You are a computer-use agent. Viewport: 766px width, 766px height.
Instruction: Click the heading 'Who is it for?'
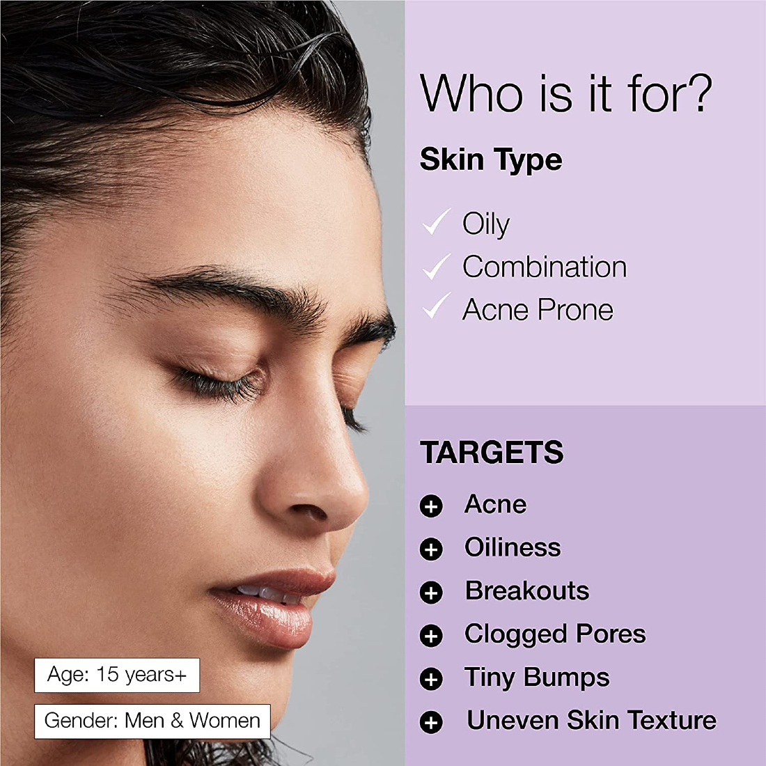565,93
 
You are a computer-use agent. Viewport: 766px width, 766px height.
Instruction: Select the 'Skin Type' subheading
491,160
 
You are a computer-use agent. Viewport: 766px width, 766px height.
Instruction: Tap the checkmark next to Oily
436,221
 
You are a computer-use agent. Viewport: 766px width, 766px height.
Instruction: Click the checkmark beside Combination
436,267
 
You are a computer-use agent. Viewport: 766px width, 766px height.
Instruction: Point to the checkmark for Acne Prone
436,306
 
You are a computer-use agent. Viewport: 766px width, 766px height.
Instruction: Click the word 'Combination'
545,267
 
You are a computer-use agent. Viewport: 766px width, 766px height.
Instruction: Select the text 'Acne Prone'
538,310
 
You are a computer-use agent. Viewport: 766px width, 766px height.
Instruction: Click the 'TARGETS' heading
492,452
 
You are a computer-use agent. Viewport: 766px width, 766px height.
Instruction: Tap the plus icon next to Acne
431,506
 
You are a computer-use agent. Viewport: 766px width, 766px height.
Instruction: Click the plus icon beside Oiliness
431,549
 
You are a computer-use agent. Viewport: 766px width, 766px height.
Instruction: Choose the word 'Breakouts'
526,591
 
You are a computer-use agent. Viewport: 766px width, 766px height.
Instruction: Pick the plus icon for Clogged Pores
431,636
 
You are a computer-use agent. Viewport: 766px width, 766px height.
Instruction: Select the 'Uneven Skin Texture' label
592,720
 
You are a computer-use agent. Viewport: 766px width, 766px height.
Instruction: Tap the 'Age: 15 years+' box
117,675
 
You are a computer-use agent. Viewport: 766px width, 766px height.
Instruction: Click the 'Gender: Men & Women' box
152,721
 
